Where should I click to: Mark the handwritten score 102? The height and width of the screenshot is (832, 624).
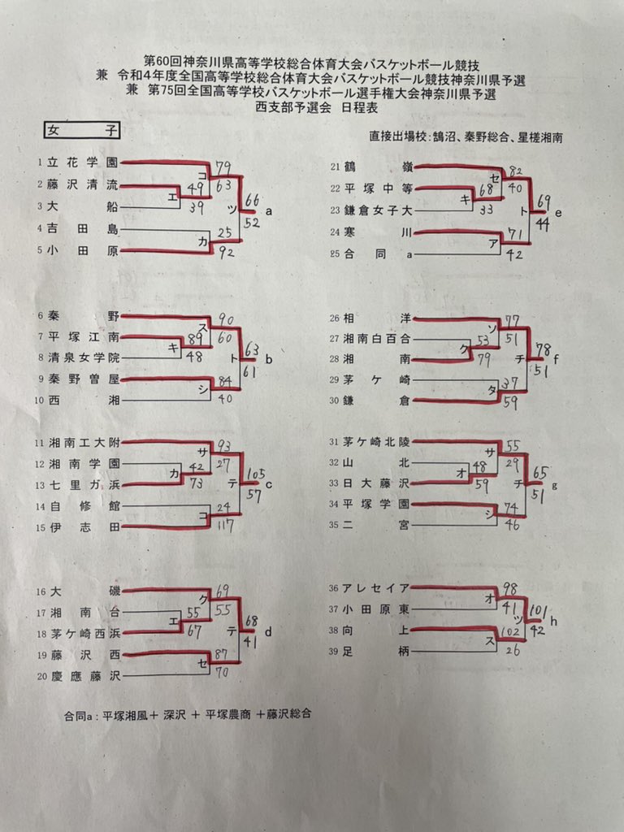tap(511, 630)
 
